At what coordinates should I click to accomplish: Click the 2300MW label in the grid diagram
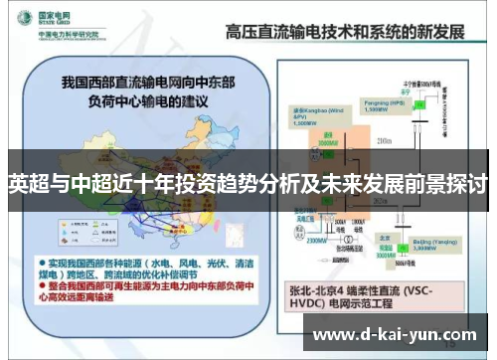coord(318,240)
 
